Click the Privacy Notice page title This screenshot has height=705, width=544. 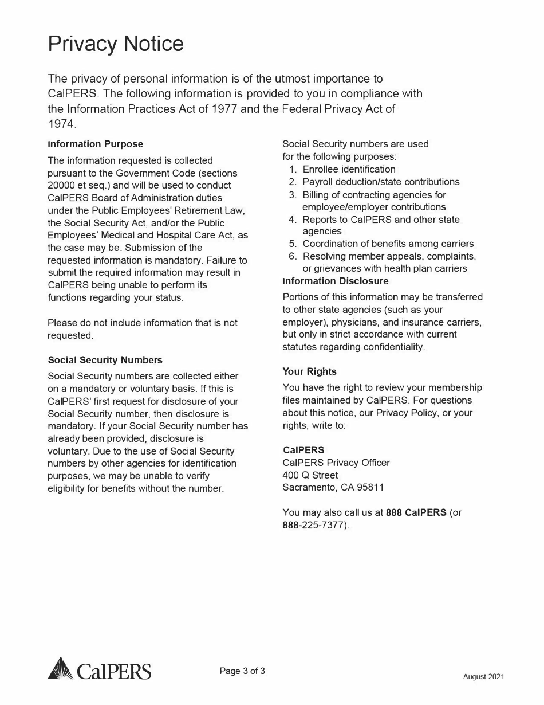[116, 44]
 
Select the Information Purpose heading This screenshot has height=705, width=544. [96, 144]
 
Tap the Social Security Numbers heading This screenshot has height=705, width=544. [105, 360]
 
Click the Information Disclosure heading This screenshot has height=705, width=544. [336, 281]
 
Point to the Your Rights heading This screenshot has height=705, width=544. [310, 371]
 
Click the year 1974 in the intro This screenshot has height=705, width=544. [61, 123]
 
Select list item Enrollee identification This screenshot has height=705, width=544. [349, 169]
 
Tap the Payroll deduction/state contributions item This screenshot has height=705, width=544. [381, 182]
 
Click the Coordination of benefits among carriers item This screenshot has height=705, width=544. [388, 244]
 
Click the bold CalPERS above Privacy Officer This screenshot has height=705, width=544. [303, 450]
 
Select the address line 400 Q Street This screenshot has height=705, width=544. [310, 475]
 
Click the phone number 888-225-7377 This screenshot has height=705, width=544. [315, 525]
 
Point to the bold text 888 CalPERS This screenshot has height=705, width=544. [416, 512]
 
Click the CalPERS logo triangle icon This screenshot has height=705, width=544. [60, 669]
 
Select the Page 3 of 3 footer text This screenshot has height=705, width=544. [243, 671]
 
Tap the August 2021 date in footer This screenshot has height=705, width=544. [484, 677]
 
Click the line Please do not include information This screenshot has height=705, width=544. [143, 323]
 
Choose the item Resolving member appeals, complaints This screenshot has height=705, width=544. [389, 256]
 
